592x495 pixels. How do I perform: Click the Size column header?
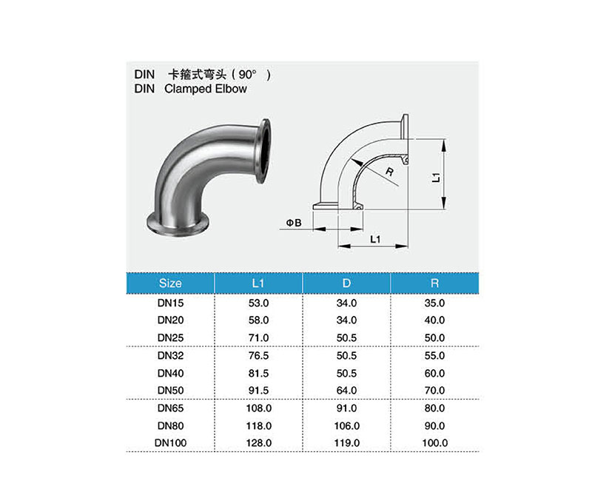point(170,283)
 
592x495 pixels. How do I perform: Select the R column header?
point(434,283)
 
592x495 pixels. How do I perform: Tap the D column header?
point(346,283)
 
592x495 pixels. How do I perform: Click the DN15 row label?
point(171,303)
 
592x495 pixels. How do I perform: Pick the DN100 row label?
point(171,443)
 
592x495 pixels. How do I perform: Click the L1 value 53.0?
point(258,303)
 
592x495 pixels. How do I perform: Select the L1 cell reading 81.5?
point(258,374)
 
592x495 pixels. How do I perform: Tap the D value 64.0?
point(346,391)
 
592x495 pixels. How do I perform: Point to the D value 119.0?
point(346,443)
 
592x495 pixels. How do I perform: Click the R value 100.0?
point(434,443)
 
